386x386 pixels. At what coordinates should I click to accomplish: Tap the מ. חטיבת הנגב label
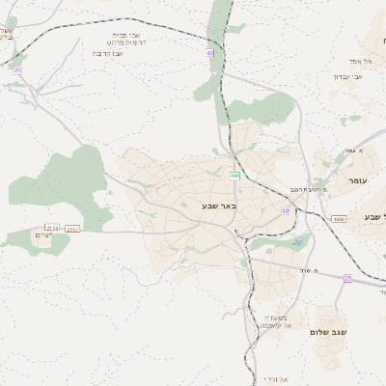coord(300,189)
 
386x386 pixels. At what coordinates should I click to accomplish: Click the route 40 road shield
coord(209,53)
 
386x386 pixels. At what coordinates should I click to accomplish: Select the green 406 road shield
coord(234,176)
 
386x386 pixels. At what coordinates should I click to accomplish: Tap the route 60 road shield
coord(286,209)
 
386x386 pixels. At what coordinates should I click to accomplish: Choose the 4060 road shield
coord(339,220)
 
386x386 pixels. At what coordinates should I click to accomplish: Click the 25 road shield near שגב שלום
coord(347,279)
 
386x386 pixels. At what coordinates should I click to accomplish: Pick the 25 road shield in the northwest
coord(17,69)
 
